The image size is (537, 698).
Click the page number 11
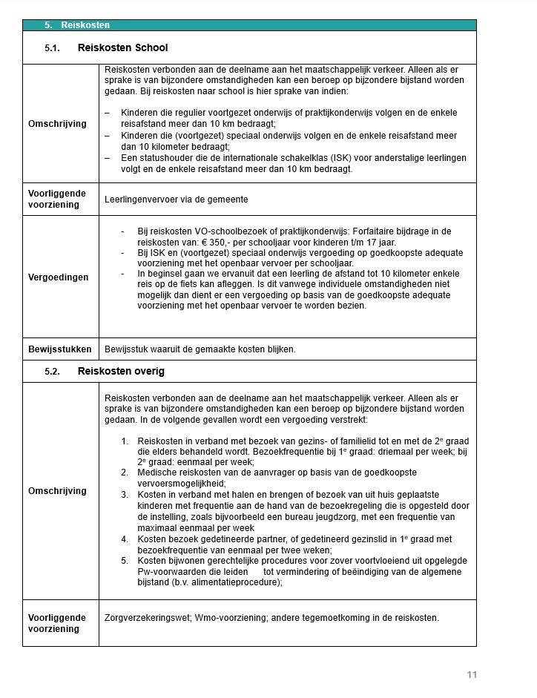click(472, 674)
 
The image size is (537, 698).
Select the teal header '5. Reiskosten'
click(77, 25)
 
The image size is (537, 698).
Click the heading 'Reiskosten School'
click(122, 48)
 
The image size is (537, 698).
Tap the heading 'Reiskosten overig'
click(121, 371)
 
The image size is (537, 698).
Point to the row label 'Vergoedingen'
click(59, 277)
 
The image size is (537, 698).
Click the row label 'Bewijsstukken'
click(60, 349)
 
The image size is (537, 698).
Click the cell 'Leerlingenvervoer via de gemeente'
click(177, 200)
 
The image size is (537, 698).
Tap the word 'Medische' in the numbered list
click(157, 473)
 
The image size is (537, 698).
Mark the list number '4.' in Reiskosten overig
click(125, 539)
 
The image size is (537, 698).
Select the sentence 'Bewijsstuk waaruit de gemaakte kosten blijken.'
click(200, 349)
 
